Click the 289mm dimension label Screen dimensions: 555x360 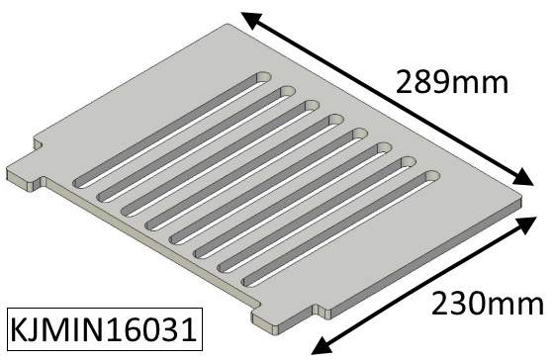(452, 82)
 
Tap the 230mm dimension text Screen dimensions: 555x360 (487, 304)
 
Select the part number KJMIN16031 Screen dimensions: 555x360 (104, 329)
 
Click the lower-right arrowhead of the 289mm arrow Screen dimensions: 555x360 (522, 177)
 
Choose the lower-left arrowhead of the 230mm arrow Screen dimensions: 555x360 (322, 345)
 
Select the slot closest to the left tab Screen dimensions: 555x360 (172, 130)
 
